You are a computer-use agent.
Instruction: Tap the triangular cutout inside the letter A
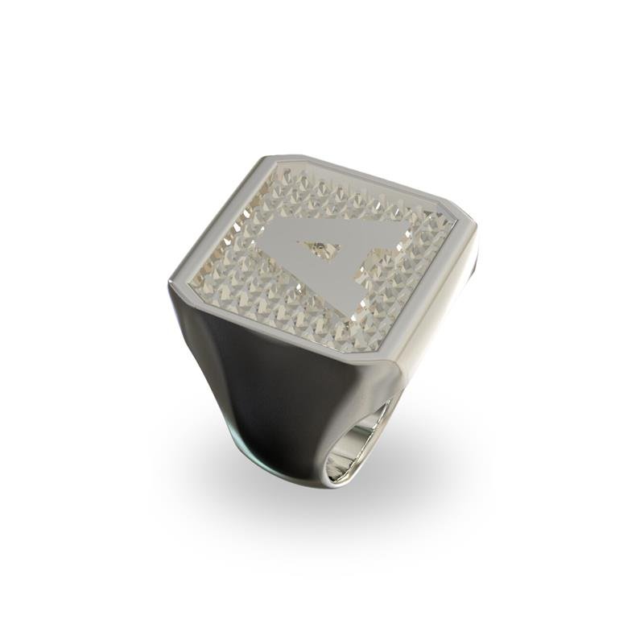pos(320,249)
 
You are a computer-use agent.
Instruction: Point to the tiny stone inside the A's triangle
pos(320,247)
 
